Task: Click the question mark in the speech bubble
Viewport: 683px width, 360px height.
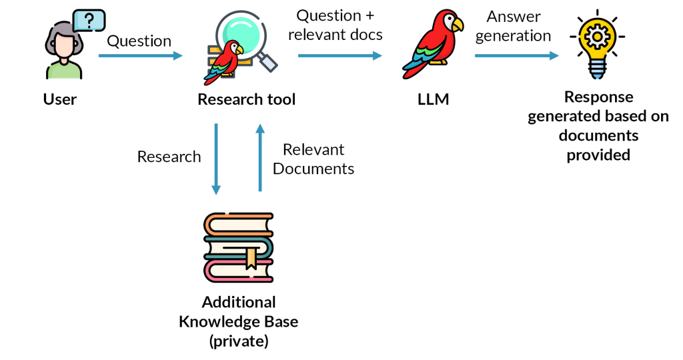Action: click(89, 20)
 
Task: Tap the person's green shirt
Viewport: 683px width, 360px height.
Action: click(64, 71)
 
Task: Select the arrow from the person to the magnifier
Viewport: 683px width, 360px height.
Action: click(140, 56)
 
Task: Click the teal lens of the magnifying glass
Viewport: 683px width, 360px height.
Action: click(241, 33)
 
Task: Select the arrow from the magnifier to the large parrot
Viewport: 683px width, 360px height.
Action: click(339, 56)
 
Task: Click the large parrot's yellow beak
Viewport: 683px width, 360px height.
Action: click(457, 24)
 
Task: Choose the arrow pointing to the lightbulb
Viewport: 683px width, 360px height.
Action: click(516, 56)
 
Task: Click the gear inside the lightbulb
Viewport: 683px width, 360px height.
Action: click(597, 35)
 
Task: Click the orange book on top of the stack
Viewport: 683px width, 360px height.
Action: click(238, 225)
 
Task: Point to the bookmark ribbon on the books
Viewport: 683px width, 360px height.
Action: click(251, 258)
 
